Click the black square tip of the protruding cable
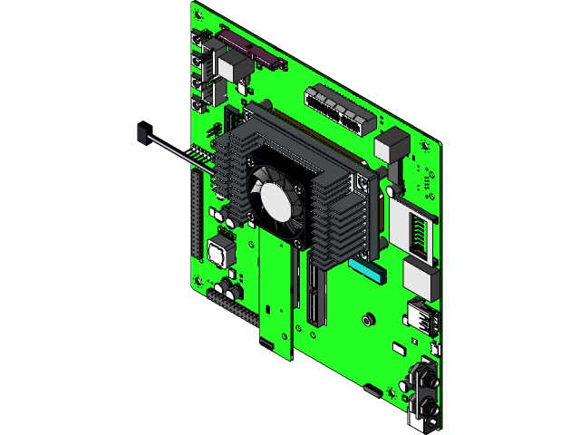pyautogui.click(x=140, y=134)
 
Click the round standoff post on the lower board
pyautogui.click(x=368, y=319)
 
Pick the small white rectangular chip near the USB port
pyautogui.click(x=400, y=347)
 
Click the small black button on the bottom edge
pyautogui.click(x=372, y=391)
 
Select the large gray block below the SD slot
pyautogui.click(x=419, y=275)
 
